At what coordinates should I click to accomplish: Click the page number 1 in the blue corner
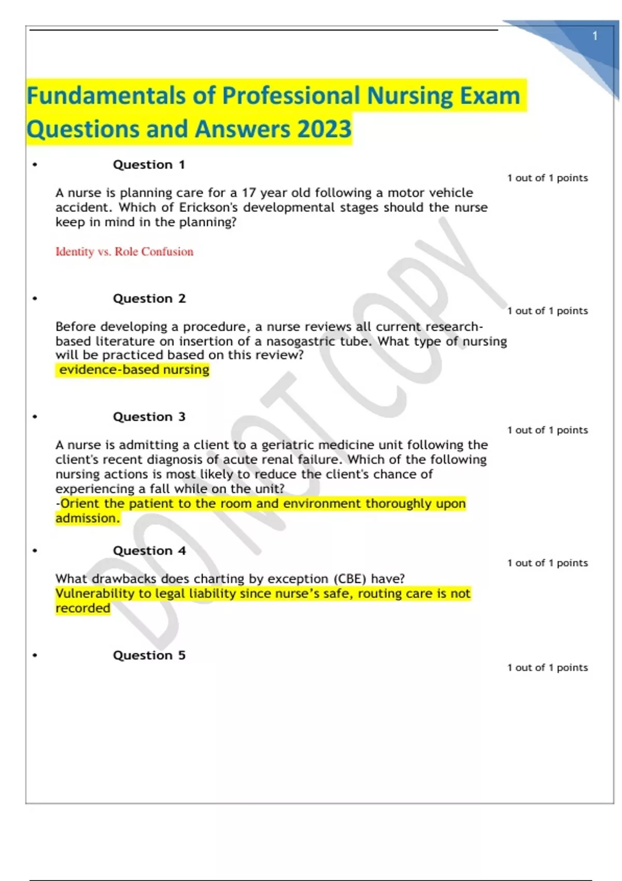pos(595,36)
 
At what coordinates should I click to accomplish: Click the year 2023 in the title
pos(324,129)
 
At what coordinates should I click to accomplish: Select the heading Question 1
pos(149,165)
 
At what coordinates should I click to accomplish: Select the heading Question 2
pos(149,299)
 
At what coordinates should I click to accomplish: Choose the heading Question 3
pos(149,417)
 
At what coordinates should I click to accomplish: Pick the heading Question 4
pos(149,550)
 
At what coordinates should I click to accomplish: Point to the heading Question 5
pos(149,655)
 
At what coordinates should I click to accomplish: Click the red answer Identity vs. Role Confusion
pos(124,252)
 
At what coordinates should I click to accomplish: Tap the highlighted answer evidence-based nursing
pos(134,370)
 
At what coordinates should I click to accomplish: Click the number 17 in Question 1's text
pos(249,193)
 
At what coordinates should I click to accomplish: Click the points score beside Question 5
pos(547,667)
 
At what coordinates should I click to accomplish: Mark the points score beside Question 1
pos(547,178)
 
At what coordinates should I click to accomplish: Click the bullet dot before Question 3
pos(35,417)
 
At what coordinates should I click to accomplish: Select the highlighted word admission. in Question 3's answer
pos(88,518)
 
